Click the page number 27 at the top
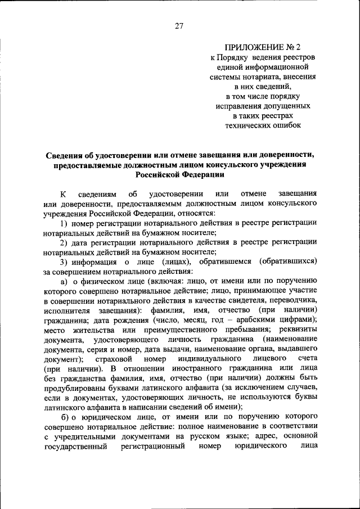click(179, 25)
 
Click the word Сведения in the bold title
click(67, 154)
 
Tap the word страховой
click(114, 358)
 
